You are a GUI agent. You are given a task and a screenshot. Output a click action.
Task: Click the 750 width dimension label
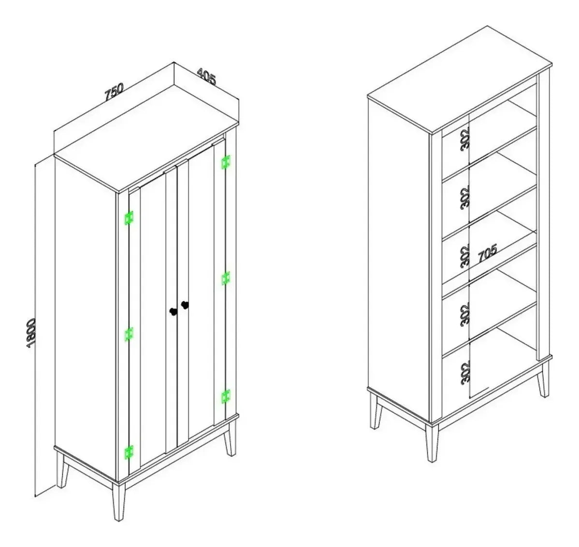tap(114, 92)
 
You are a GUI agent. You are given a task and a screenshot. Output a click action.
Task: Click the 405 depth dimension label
tap(206, 76)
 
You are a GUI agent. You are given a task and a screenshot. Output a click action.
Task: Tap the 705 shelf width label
tap(488, 253)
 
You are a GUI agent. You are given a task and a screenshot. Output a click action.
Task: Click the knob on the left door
tap(173, 312)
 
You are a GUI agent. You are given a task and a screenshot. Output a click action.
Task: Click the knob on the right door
tap(185, 305)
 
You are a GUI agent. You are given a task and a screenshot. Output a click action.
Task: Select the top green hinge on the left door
tap(129, 218)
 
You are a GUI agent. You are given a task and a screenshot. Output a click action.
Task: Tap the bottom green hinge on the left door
tap(129, 452)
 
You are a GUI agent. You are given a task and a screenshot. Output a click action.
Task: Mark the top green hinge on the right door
tap(226, 162)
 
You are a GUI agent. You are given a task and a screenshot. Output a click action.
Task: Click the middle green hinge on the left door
tap(129, 334)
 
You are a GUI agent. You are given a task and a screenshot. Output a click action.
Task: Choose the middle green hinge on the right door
tap(226, 279)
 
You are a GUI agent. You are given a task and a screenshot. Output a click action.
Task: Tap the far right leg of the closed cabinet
tap(230, 438)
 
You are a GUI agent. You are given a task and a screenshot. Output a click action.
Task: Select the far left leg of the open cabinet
tap(376, 411)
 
